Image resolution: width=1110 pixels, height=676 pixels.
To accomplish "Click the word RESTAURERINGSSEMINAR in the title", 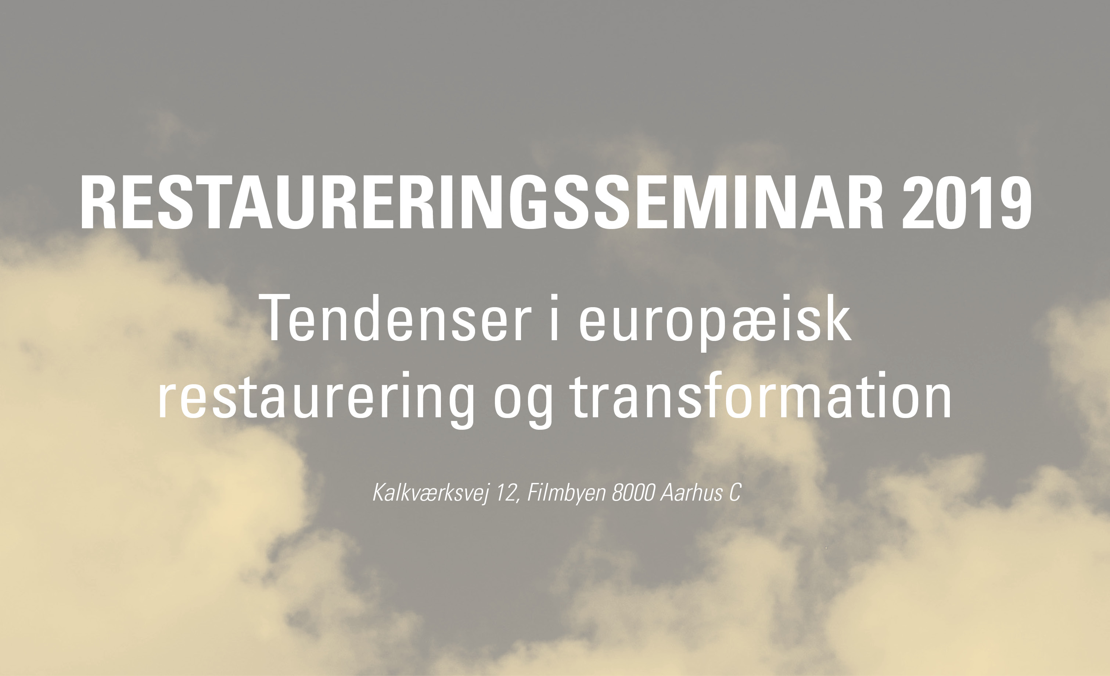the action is pyautogui.click(x=482, y=203).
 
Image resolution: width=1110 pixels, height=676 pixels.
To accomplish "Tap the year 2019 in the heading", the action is pyautogui.click(x=966, y=203).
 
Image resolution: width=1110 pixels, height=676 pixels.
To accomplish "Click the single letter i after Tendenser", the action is pyautogui.click(x=554, y=317).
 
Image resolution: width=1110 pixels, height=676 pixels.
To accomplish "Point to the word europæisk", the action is pyautogui.click(x=715, y=322).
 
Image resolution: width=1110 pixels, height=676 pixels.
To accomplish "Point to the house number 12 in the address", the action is pyautogui.click(x=505, y=492).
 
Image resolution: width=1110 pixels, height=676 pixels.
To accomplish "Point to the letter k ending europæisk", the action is pyautogui.click(x=837, y=317).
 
